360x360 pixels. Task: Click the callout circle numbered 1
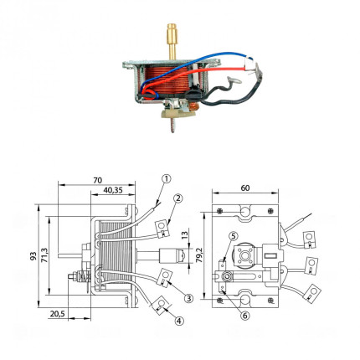pyautogui.click(x=167, y=178)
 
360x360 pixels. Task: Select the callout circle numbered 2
pyautogui.click(x=177, y=198)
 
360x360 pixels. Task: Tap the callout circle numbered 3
pyautogui.click(x=188, y=298)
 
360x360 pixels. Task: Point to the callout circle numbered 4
pyautogui.click(x=179, y=321)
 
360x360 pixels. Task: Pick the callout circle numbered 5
pyautogui.click(x=234, y=236)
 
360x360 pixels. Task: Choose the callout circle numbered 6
pyautogui.click(x=244, y=316)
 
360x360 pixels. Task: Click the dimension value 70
pyautogui.click(x=98, y=181)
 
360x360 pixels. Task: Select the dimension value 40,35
pyautogui.click(x=113, y=190)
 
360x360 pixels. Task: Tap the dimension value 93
pyautogui.click(x=33, y=255)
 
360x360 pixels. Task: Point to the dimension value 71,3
pyautogui.click(x=45, y=255)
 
